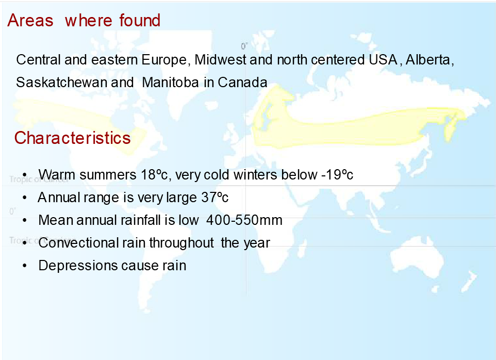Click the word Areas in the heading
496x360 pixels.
pos(30,21)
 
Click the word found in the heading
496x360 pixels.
pos(140,20)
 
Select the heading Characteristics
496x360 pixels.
pos(72,138)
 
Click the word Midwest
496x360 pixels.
pos(220,60)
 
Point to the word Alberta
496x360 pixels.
pos(430,60)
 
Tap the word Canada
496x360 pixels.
pos(242,83)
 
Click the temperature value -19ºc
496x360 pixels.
pos(337,175)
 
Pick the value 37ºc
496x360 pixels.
pos(215,198)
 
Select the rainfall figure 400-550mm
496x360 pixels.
pos(244,220)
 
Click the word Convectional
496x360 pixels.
pos(78,243)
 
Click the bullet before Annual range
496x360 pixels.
pos(25,198)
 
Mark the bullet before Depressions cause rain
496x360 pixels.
pos(25,266)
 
